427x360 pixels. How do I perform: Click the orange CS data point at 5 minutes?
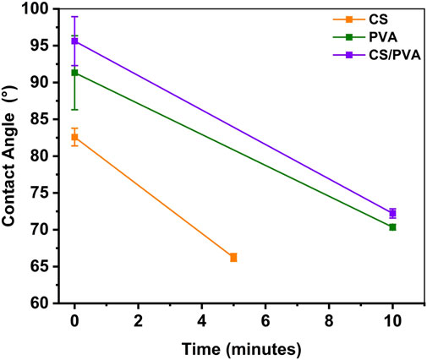tap(233, 257)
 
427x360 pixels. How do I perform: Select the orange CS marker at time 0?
tap(74, 137)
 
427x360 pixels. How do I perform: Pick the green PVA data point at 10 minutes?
tap(392, 227)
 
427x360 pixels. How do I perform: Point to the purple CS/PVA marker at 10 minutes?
tap(392, 214)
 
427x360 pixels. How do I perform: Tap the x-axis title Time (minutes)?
tap(233, 346)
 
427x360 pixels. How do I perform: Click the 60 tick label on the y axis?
tap(51, 303)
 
